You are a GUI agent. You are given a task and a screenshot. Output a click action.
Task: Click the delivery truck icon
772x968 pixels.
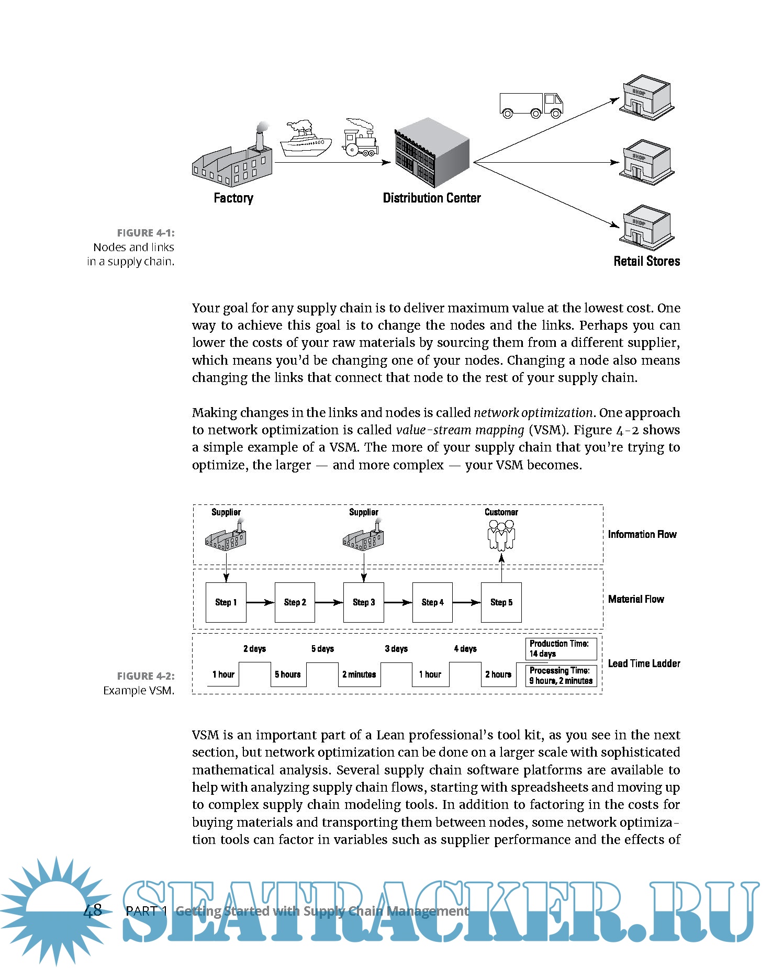[531, 105]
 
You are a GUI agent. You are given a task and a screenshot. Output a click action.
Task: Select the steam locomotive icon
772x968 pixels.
[360, 139]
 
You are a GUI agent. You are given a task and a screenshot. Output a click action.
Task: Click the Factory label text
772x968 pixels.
[233, 198]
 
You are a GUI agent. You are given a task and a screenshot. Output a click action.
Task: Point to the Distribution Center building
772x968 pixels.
[432, 153]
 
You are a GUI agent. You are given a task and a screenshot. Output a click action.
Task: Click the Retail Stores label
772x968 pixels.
[646, 261]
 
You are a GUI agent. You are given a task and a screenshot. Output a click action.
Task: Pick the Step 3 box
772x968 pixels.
[364, 602]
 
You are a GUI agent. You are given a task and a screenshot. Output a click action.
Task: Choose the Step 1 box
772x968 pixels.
[226, 602]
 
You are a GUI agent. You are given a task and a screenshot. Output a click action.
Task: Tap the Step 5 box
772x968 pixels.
[501, 602]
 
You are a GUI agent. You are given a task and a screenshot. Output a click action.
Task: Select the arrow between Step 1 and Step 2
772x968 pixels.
[260, 602]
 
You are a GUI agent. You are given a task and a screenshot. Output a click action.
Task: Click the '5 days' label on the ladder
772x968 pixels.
[322, 649]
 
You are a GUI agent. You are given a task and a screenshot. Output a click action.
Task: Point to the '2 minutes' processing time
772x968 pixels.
[359, 674]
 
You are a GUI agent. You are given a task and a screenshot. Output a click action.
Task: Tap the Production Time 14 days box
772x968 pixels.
[561, 649]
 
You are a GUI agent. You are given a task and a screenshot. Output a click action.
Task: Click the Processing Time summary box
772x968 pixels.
[561, 676]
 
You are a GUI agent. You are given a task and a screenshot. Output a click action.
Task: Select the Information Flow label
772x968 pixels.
[642, 534]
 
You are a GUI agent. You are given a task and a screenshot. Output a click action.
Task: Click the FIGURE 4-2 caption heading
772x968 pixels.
[146, 676]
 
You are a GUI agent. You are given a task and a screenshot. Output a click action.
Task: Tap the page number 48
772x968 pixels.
[93, 910]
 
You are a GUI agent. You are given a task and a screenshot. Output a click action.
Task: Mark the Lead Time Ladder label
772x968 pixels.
[644, 663]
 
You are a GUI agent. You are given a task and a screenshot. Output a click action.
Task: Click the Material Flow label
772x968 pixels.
[636, 599]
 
